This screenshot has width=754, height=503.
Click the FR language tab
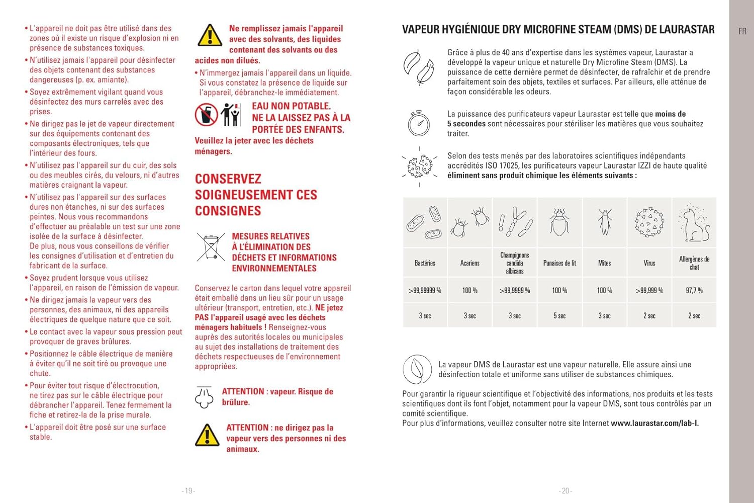pos(742,31)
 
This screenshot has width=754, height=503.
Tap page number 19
pos(189,490)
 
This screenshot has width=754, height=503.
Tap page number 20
pos(565,490)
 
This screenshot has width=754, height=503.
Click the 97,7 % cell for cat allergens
pos(694,290)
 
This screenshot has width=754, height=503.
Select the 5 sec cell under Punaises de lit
pos(559,315)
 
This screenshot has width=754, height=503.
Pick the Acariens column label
pos(469,263)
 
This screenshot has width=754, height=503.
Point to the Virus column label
pos(649,263)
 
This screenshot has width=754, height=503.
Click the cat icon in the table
pos(694,223)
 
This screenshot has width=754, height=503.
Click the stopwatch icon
pos(419,123)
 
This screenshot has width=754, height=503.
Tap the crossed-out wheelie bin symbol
pos(211,246)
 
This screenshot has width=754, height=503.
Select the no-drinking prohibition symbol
pos(206,115)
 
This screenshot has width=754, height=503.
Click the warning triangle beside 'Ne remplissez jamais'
pos(210,35)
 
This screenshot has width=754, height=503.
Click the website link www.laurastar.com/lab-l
pos(654,423)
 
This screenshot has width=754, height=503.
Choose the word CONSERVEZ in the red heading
pos(228,179)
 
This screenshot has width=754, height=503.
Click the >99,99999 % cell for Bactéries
pos(425,290)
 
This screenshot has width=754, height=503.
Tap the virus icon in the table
pos(649,222)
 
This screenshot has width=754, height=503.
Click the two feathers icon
pos(419,67)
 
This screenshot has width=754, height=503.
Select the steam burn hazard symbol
pos(204,397)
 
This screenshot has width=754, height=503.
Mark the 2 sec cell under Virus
pos(649,315)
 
